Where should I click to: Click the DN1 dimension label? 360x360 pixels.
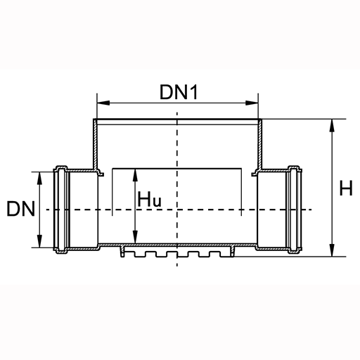coord(179,92)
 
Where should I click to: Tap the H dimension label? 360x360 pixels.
coord(346,188)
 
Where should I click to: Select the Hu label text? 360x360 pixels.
coord(149,199)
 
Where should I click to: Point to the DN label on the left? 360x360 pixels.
coord(21,209)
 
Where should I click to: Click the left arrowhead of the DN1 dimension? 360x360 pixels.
coord(103,103)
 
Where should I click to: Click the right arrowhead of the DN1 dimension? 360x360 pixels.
coord(252,103)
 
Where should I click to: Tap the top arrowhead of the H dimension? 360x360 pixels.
coord(332,125)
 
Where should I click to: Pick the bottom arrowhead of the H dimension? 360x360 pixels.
coord(332,250)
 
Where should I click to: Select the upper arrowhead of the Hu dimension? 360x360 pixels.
coord(135,175)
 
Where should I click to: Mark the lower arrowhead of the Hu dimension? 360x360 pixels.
coord(135,237)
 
